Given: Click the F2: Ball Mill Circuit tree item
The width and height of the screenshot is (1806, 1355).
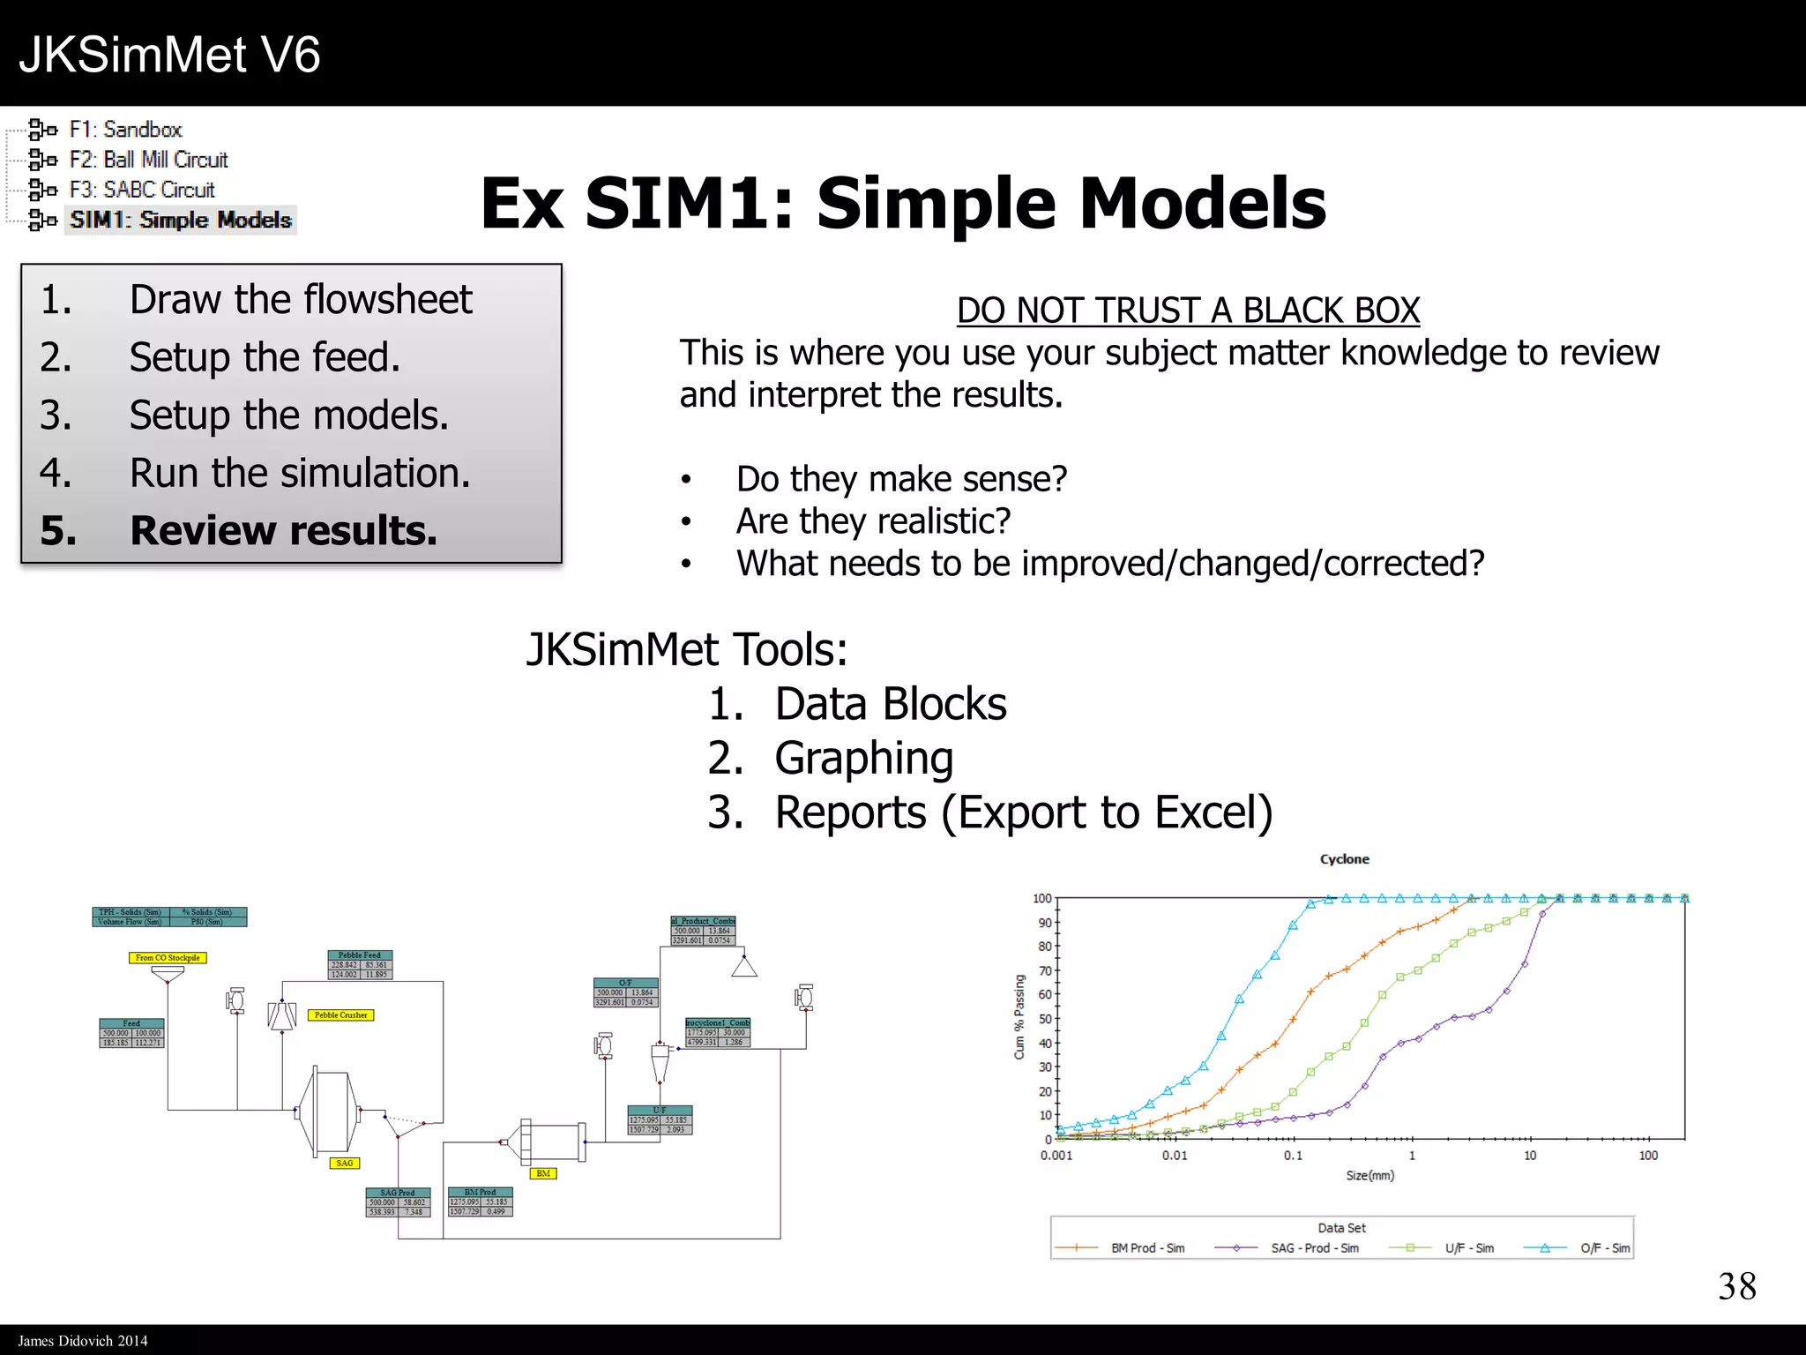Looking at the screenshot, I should pos(148,160).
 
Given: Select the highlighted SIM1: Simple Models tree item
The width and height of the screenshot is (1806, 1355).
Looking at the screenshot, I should pos(180,220).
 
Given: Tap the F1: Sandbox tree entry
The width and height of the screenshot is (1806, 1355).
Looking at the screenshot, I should pos(125,130).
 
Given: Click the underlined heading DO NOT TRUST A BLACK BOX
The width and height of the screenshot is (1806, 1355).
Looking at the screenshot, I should pos(1188,311).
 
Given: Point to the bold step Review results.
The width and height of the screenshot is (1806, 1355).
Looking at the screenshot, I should pos(283,530).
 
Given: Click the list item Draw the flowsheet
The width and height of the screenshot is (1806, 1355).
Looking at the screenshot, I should pos(300,300).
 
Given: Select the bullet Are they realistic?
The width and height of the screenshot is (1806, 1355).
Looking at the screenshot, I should pos(873,521).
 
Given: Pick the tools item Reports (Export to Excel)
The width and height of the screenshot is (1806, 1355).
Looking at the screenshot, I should pos(1023,812).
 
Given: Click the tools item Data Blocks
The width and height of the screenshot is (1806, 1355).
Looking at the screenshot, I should pos(891,704).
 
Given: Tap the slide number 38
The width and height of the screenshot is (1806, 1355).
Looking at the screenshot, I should pos(1736,1286).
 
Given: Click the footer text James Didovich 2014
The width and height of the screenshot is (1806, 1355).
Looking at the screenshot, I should pos(83,1341).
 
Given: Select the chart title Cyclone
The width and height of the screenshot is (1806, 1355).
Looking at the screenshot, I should pos(1344,859).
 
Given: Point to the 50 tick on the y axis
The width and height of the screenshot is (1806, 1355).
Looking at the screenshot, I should pos(1045,1019).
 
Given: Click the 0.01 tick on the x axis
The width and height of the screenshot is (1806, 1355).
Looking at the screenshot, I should pos(1175,1156).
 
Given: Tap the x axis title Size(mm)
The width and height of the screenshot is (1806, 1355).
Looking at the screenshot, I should pos(1369,1176).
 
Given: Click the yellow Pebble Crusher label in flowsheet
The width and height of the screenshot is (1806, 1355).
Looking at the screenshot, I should pos(340,1015).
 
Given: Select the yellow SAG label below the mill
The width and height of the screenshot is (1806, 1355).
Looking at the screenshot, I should pos(345,1164).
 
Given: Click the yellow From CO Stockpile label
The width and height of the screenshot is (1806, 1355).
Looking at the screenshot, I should pos(168,958).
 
